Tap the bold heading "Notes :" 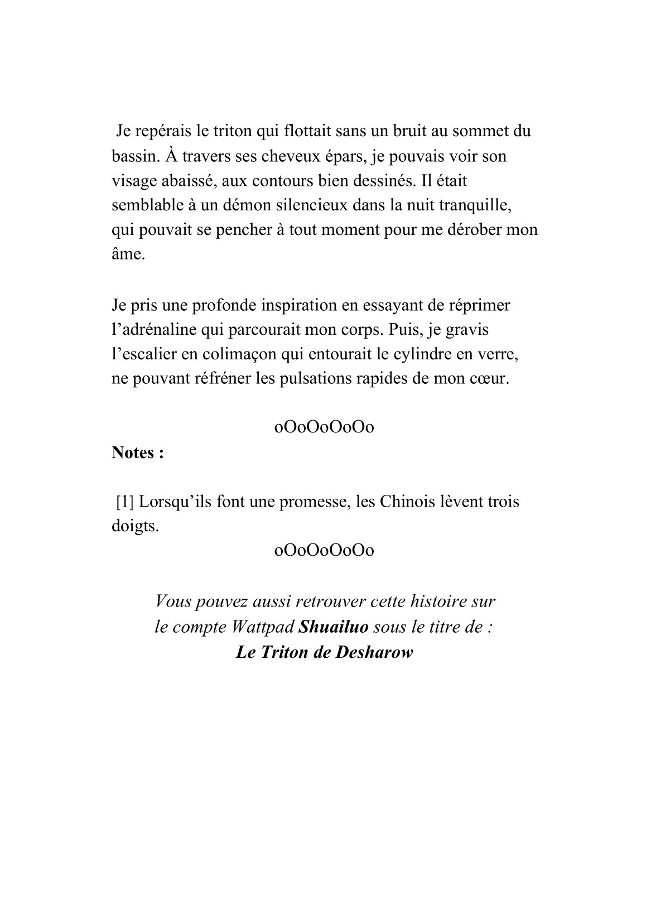138,453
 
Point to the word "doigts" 134,526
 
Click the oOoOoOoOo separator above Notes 324,428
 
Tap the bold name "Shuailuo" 334,627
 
